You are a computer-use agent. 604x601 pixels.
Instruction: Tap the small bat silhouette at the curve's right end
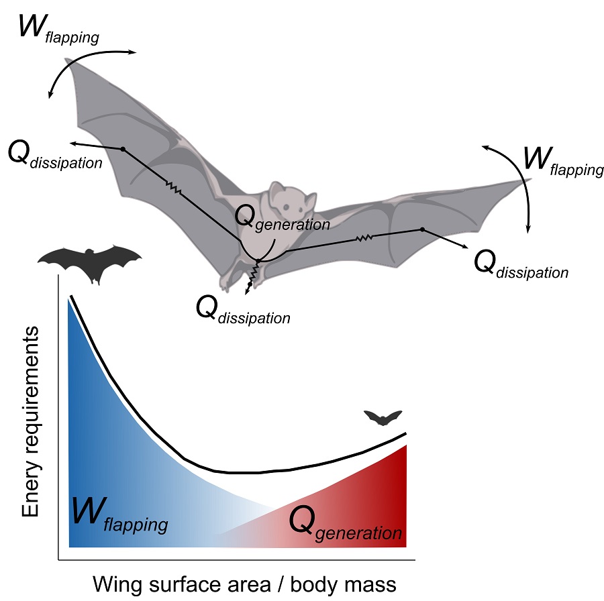click(382, 417)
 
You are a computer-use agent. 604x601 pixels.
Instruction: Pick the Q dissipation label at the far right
click(521, 266)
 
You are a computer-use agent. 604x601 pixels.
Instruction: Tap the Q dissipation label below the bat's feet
click(242, 310)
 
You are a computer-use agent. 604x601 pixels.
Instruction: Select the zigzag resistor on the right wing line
click(364, 237)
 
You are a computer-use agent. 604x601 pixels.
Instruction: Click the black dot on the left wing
click(123, 149)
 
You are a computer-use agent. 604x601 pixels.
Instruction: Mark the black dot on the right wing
click(422, 229)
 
